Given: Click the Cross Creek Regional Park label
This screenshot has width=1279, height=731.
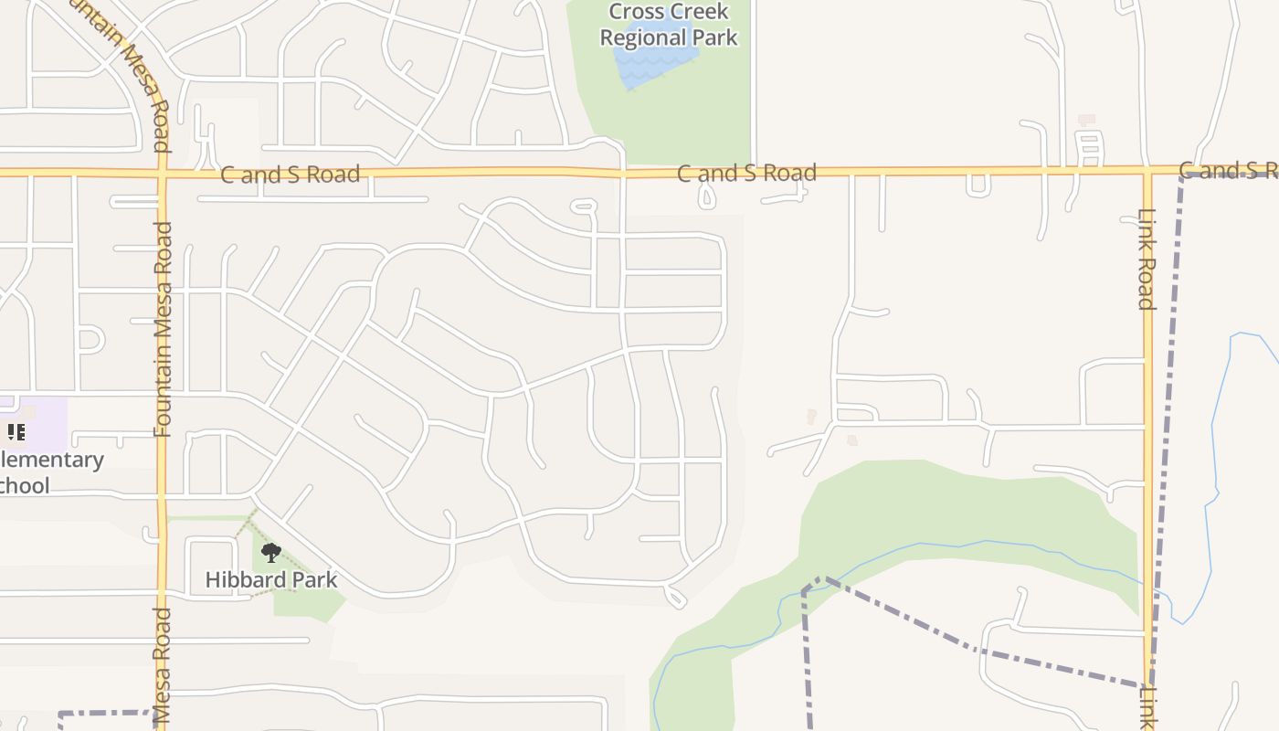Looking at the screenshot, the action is point(669,25).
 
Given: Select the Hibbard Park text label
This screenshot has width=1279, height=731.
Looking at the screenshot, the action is point(271,579).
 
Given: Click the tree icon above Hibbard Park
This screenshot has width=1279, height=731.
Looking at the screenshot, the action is point(271,552).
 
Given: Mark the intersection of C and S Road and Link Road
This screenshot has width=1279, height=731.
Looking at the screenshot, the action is point(1147,170).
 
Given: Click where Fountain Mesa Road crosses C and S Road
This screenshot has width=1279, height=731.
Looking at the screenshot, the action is point(163,172).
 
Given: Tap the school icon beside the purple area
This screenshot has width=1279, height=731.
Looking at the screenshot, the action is point(16,431).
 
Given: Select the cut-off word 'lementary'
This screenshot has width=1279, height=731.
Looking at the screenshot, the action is point(51,460).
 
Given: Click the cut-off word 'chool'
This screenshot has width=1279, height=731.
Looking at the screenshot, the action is point(25,485).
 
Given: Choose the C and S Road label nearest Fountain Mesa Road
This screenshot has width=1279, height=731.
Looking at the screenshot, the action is point(291,174).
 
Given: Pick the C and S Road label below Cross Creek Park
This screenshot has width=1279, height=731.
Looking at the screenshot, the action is point(746,173).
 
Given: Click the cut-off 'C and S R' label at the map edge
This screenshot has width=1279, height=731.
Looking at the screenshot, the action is point(1228,170).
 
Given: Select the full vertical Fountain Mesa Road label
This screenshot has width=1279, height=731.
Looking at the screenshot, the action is point(164,329).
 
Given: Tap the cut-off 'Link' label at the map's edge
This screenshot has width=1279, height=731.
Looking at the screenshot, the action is point(1147,707).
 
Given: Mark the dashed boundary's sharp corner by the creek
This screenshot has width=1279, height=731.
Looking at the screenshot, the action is point(821,578).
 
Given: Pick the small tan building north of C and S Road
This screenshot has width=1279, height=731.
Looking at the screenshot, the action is point(1086,120).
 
